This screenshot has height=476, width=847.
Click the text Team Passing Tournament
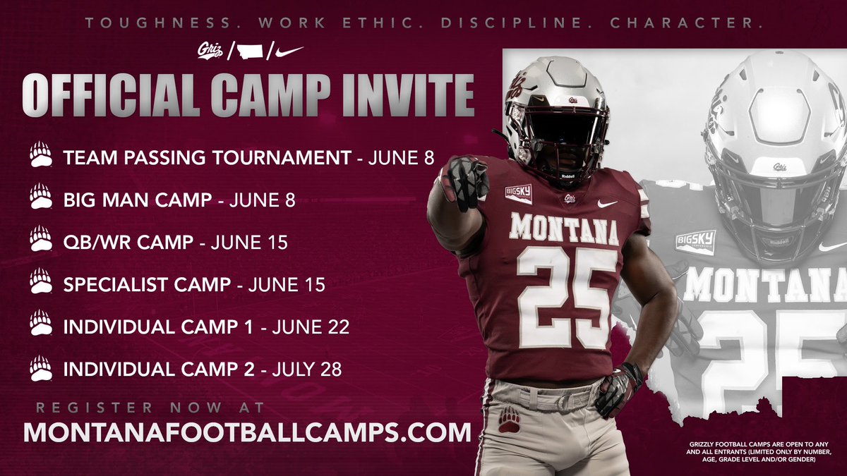tap(207, 157)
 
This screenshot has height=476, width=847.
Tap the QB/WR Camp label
tap(128, 243)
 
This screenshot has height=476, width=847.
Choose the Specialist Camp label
tap(147, 285)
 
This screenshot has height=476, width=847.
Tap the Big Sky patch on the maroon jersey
tap(518, 193)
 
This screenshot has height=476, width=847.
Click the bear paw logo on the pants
tap(509, 420)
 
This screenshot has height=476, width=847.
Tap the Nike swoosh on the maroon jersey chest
tap(606, 203)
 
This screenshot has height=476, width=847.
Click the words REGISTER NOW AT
tap(150, 408)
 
